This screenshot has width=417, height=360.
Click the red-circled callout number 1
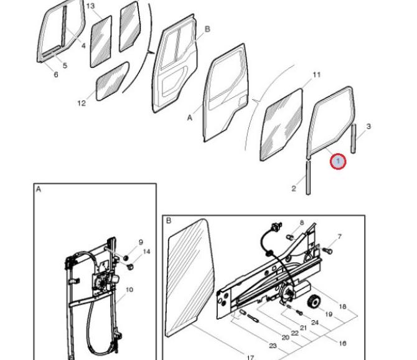tap(338, 161)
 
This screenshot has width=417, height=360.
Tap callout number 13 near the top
tap(90, 6)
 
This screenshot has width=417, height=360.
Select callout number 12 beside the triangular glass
tap(82, 103)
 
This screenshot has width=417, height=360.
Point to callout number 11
tap(316, 75)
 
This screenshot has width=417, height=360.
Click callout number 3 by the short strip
tap(368, 126)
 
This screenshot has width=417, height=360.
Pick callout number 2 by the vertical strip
tap(294, 188)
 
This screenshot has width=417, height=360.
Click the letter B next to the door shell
tap(207, 29)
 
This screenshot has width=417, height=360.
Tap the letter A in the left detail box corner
tap(39, 189)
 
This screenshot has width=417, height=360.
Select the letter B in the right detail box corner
tap(169, 220)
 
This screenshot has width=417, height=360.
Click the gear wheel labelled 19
tap(314, 301)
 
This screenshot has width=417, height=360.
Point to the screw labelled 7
tap(327, 250)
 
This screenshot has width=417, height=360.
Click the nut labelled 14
tap(130, 267)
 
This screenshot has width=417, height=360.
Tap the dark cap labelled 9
tap(126, 257)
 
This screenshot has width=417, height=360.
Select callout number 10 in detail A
tap(129, 290)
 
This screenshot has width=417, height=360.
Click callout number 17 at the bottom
tap(250, 357)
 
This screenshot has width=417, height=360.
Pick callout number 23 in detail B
tap(273, 346)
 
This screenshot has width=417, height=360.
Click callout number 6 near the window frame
tap(56, 74)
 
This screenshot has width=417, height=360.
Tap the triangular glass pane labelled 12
tap(113, 81)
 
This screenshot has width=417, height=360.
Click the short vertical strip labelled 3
tap(354, 138)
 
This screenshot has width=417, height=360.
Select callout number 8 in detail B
tap(302, 222)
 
